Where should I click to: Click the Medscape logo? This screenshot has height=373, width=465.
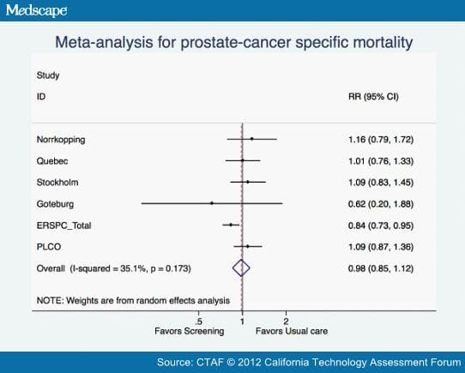pyautogui.click(x=36, y=11)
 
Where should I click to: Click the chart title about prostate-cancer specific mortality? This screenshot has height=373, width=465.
pyautogui.click(x=232, y=40)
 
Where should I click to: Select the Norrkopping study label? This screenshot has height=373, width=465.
pyautogui.click(x=61, y=138)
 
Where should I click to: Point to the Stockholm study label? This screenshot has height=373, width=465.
pyautogui.click(x=57, y=182)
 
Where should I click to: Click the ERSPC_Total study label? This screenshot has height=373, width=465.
pyautogui.click(x=64, y=225)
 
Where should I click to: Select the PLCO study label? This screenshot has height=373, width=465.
pyautogui.click(x=48, y=247)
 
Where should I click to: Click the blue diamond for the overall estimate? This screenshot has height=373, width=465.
pyautogui.click(x=242, y=268)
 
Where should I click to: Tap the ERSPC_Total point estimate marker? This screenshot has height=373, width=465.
pyautogui.click(x=231, y=225)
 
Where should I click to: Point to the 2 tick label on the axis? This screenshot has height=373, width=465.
pyautogui.click(x=285, y=322)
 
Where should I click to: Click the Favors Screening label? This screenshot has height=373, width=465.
pyautogui.click(x=190, y=331)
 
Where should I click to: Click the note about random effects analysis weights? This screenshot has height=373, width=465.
pyautogui.click(x=133, y=300)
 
